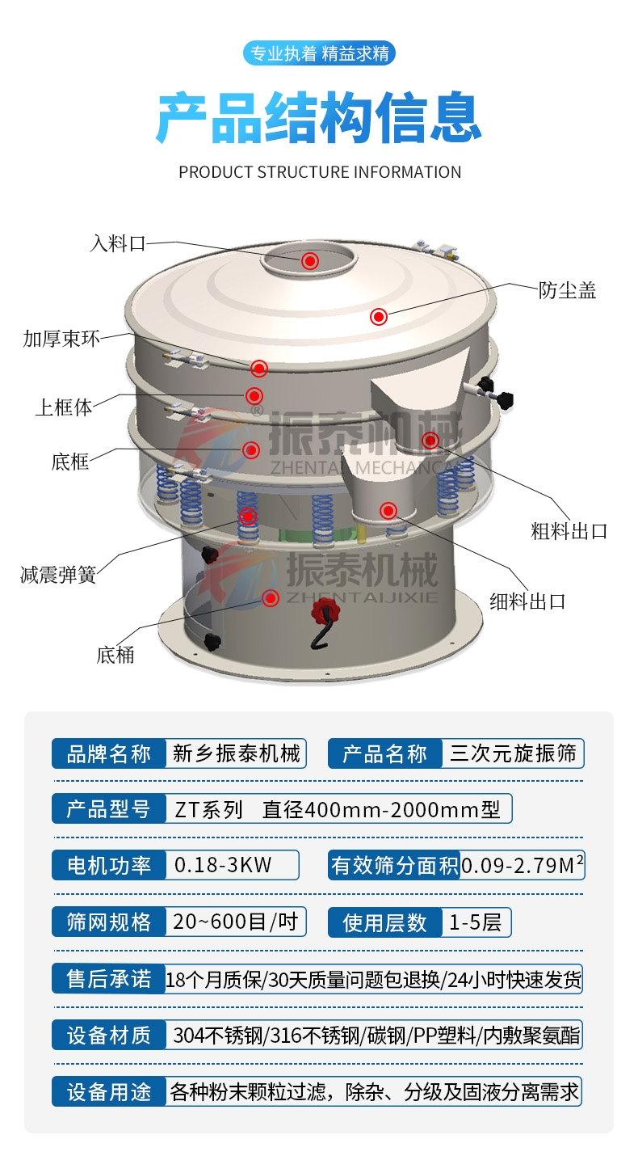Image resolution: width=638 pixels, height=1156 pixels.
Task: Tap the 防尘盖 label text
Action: click(x=568, y=290)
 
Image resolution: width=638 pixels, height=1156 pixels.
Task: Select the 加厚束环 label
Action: click(x=61, y=338)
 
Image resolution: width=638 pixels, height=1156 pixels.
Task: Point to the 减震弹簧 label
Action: click(x=58, y=575)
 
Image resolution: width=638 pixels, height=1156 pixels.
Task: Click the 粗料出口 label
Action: click(x=569, y=531)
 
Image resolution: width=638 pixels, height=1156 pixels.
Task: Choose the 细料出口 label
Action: click(x=528, y=601)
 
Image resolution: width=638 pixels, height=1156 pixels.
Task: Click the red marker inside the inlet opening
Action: click(x=310, y=260)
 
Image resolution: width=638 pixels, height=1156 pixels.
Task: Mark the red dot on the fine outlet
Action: click(x=388, y=510)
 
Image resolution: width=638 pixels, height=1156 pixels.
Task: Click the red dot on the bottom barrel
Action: click(x=271, y=598)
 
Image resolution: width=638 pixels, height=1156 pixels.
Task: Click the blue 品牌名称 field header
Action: click(x=108, y=754)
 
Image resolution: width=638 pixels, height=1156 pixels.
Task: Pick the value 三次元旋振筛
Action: click(x=513, y=754)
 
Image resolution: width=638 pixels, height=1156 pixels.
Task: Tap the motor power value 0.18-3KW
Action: click(x=224, y=865)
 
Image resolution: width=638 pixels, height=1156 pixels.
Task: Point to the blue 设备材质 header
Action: click(x=108, y=1036)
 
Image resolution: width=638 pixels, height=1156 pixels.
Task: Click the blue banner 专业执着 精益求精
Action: click(x=319, y=54)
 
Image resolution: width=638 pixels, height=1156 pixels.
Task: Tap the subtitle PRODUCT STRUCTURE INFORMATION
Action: click(x=320, y=172)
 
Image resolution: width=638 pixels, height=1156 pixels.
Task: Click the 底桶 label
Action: click(x=115, y=654)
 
